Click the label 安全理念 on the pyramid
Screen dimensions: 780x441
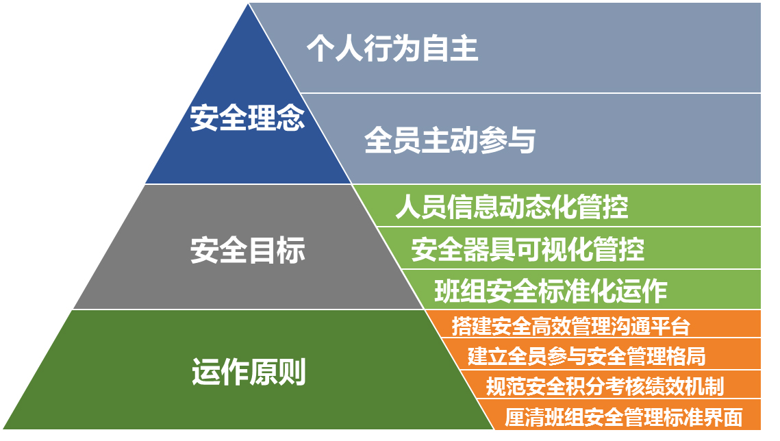(x=247, y=118)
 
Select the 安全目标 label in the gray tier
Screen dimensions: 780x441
(x=247, y=249)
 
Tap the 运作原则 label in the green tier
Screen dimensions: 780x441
(x=248, y=372)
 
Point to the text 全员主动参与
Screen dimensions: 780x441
(x=450, y=140)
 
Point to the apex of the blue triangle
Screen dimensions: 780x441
(x=248, y=3)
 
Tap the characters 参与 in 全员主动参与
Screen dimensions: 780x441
(x=507, y=140)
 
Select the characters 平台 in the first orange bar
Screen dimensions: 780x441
(x=670, y=326)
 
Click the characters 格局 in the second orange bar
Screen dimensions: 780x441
(x=686, y=357)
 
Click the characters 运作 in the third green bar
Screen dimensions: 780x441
(x=641, y=291)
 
